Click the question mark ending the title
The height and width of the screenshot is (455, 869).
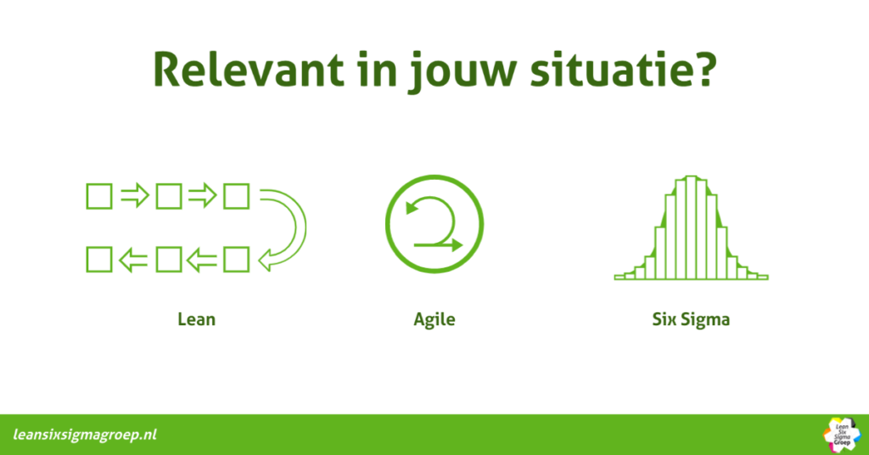click(x=704, y=70)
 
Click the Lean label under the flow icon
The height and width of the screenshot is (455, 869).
click(x=196, y=319)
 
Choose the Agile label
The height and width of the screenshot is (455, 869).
click(x=434, y=320)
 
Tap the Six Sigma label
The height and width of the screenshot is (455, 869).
click(x=691, y=320)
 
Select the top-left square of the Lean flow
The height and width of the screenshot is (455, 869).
click(x=99, y=196)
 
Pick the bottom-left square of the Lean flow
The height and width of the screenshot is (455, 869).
click(x=99, y=260)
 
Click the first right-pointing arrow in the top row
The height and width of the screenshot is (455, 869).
click(x=135, y=195)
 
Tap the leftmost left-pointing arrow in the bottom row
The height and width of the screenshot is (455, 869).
click(x=133, y=260)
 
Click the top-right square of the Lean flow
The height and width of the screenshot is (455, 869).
click(x=236, y=196)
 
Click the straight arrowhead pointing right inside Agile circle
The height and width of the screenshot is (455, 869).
click(x=457, y=245)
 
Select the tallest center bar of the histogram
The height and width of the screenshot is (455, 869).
click(x=691, y=227)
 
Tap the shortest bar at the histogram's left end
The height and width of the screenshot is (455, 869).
click(x=620, y=277)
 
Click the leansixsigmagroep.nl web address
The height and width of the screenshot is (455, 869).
click(x=85, y=435)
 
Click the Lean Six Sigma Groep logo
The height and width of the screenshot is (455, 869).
click(x=842, y=435)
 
